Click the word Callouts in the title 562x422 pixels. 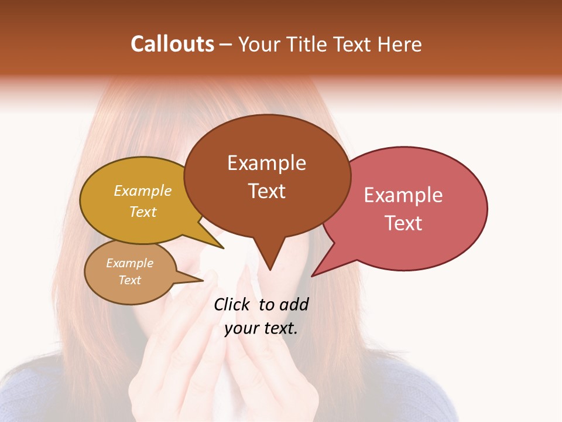pyautogui.click(x=172, y=44)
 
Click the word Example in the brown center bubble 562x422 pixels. pyautogui.click(x=266, y=163)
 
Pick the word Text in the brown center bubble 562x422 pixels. pyautogui.click(x=267, y=191)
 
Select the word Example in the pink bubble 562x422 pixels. pyautogui.click(x=403, y=195)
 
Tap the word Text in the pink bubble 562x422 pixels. pyautogui.click(x=404, y=223)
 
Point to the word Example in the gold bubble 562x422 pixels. pyautogui.click(x=143, y=191)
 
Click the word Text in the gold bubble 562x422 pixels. pyautogui.click(x=143, y=212)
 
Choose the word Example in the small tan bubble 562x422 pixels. pyautogui.click(x=129, y=263)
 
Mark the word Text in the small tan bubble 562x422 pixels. pyautogui.click(x=130, y=280)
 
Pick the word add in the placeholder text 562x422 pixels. pyautogui.click(x=294, y=304)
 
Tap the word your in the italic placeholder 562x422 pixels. pyautogui.click(x=241, y=328)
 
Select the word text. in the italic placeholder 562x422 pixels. pyautogui.click(x=280, y=328)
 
